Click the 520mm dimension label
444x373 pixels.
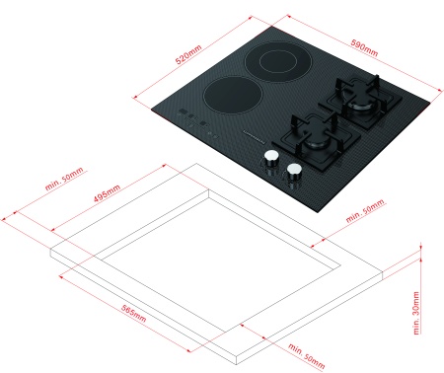tap(188, 54)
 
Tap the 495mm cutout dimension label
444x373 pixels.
tap(107, 193)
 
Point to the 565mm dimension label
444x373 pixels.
tap(134, 314)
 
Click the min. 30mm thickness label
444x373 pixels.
tap(416, 313)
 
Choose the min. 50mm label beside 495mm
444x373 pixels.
tap(64, 179)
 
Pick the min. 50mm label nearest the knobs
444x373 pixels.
tap(365, 210)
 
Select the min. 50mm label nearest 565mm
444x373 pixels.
tap(307, 356)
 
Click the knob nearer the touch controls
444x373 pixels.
tap(271, 158)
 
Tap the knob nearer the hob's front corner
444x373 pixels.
tap(294, 171)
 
